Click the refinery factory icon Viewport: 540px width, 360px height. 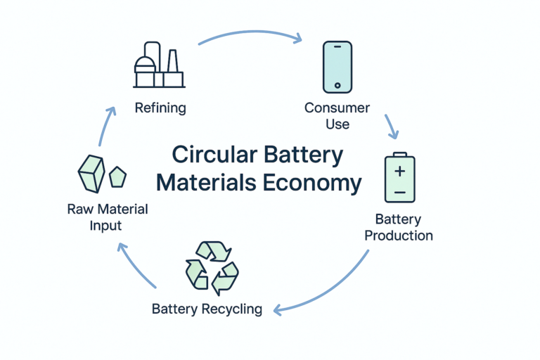[160, 65]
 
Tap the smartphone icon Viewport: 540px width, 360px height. [337, 67]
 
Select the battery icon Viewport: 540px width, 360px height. [399, 179]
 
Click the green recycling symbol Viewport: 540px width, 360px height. [212, 268]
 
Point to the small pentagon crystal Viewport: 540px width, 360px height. [117, 176]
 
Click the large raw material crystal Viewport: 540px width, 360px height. [91, 173]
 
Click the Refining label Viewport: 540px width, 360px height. [160, 108]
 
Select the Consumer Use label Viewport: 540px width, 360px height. [337, 116]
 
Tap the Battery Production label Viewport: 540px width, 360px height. [399, 226]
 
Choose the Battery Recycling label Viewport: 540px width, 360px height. [207, 309]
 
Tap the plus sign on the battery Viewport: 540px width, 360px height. [399, 171]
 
